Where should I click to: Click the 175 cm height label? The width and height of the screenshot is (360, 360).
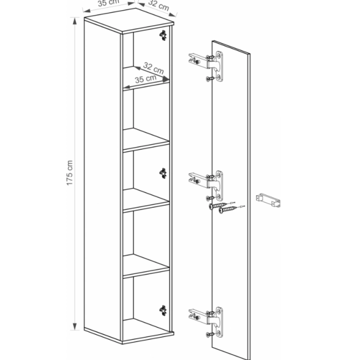pos(69,173)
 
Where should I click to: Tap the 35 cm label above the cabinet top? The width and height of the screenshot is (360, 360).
pos(109,3)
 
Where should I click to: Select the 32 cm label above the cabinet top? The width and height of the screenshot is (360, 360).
pos(158,5)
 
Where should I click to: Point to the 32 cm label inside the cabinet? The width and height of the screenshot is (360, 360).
pos(153,68)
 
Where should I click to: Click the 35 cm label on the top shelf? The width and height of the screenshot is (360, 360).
pos(146,79)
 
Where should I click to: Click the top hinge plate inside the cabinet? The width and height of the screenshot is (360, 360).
pos(163,35)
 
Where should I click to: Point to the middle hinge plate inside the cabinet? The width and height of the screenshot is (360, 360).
pos(163,173)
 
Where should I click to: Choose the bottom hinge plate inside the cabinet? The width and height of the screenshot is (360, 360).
pos(163,311)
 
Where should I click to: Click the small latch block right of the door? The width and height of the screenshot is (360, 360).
pos(268,200)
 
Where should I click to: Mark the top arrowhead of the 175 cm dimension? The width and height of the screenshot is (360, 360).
pos(75,21)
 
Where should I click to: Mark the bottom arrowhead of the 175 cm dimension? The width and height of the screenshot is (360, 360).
pos(75,327)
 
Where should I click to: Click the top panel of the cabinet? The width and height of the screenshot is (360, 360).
pos(129,21)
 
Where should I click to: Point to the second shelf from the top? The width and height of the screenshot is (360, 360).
pos(146,140)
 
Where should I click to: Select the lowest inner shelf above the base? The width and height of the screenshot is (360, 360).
pos(146,266)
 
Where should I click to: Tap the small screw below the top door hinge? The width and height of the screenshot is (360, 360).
pos(210,79)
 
